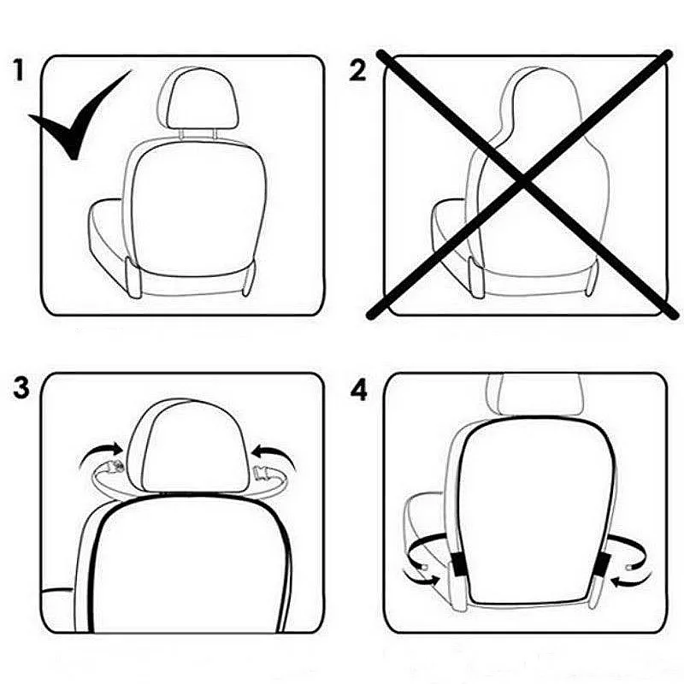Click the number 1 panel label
pos(23,71)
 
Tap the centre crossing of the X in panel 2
pos(522,180)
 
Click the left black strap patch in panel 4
pos(457,564)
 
